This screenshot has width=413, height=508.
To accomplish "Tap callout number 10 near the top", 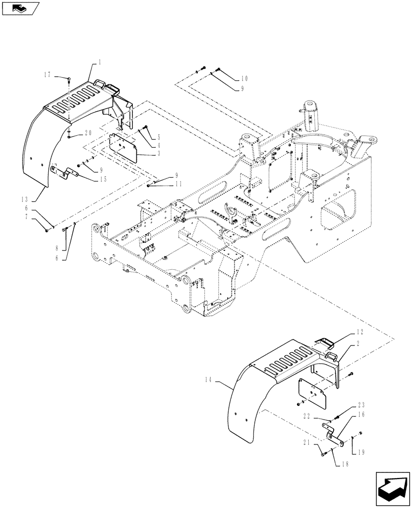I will pos(244,78).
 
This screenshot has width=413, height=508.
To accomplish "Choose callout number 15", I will pos(103,178).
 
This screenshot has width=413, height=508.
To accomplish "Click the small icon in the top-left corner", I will pos(20,8).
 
